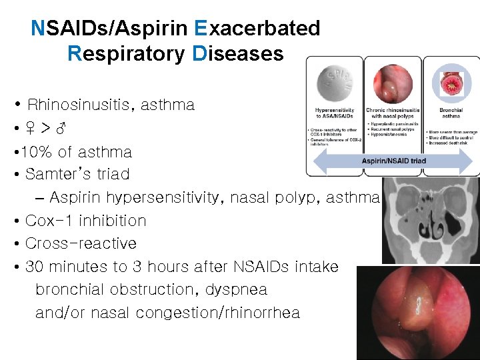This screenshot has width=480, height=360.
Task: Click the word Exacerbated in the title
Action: (x=257, y=29)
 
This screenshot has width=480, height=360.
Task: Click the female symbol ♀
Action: (x=31, y=129)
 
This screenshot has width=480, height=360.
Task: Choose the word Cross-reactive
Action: (x=81, y=243)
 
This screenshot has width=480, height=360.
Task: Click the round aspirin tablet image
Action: (x=334, y=84)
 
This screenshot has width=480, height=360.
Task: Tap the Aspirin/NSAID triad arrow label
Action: (x=394, y=161)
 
